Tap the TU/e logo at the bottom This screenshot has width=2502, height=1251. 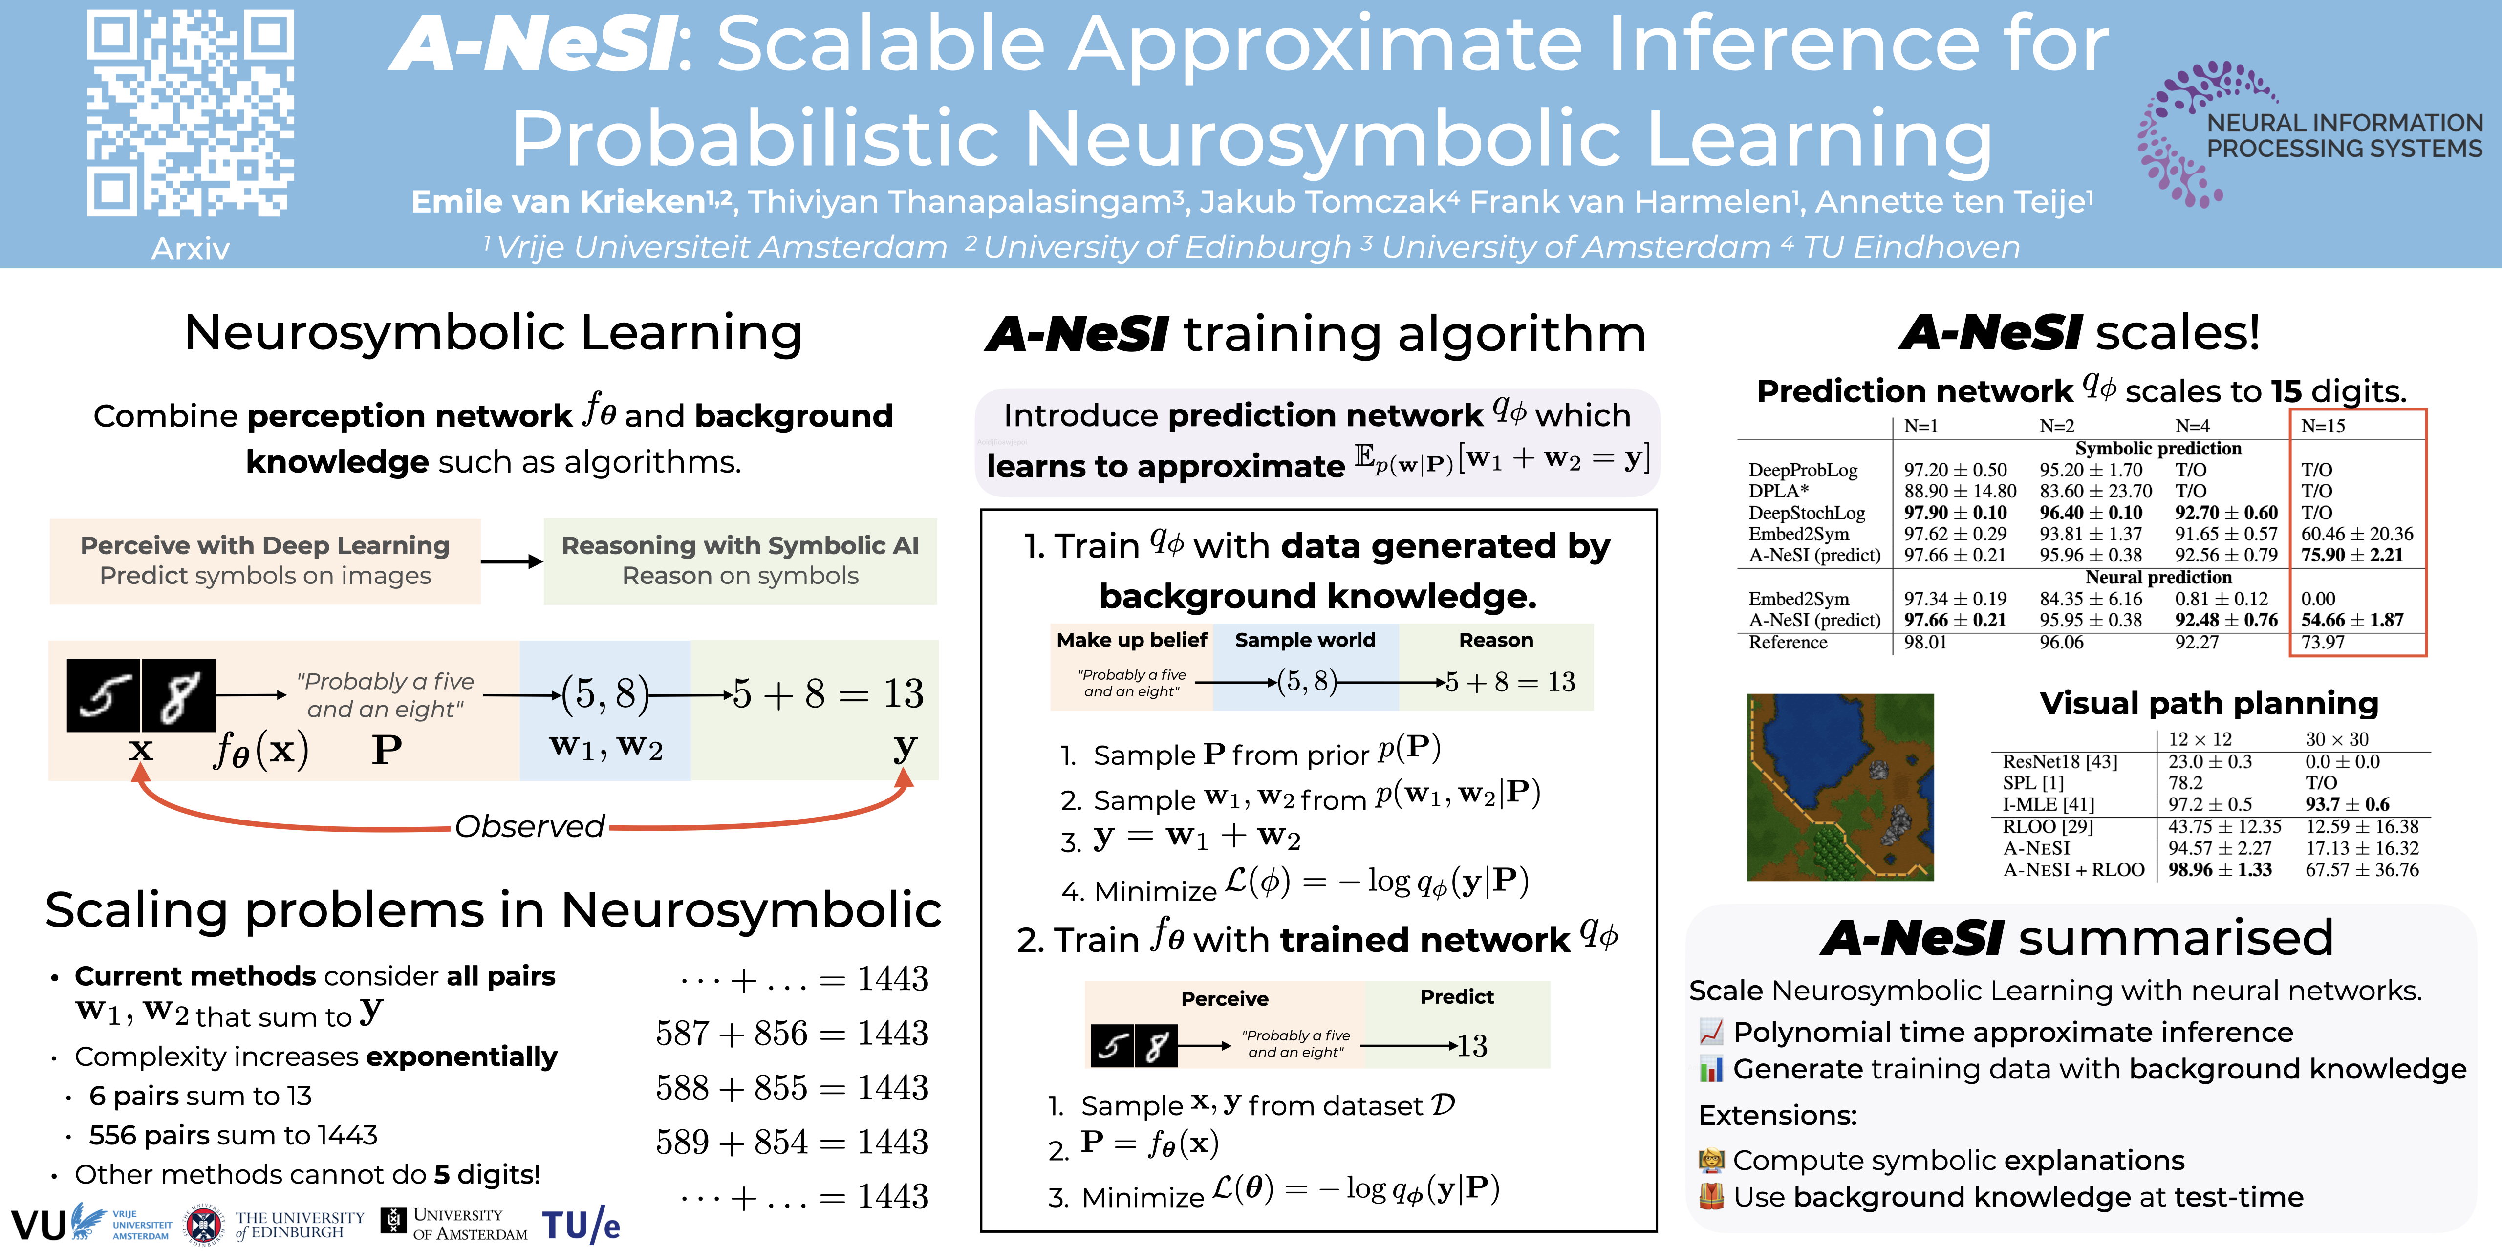pos(581,1225)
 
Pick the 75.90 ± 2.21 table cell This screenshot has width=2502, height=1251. pos(2351,555)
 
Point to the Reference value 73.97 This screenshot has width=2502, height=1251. pos(2322,642)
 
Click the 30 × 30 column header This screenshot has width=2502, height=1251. pos(2337,739)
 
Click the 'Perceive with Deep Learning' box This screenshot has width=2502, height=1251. pos(265,561)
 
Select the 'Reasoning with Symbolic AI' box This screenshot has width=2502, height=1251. pos(740,561)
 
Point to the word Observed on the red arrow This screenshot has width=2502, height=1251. pos(529,826)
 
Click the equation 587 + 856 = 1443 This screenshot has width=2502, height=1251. pos(792,1033)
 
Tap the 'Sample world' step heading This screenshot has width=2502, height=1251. pos(1305,640)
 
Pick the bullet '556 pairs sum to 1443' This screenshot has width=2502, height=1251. pos(233,1135)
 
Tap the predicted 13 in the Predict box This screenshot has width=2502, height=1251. pos(1472,1046)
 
